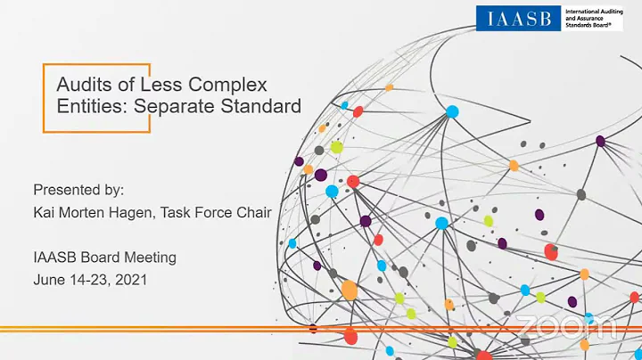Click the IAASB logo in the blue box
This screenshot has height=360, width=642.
[518, 18]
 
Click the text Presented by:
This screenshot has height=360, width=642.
[78, 190]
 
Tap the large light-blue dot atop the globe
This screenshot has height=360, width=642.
[452, 111]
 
